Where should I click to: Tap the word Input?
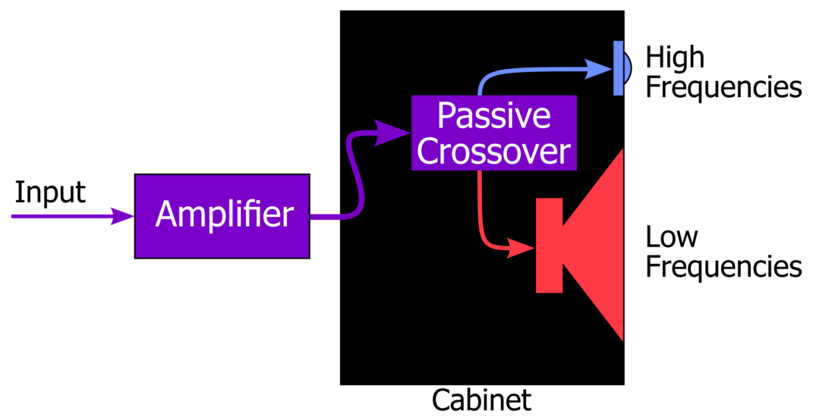[x=50, y=193]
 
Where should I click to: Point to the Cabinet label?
[x=481, y=400]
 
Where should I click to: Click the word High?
[x=675, y=58]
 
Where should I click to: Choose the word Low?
[x=671, y=237]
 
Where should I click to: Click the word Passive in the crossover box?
[x=494, y=116]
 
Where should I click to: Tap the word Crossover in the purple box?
[x=494, y=152]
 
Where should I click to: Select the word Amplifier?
[x=224, y=215]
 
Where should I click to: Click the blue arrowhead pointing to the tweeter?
[x=601, y=69]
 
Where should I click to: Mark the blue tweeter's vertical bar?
[x=619, y=68]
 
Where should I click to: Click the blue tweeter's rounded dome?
[x=627, y=68]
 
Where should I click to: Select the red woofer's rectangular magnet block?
[x=549, y=245]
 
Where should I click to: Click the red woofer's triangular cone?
[x=600, y=245]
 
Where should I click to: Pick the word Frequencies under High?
[x=723, y=87]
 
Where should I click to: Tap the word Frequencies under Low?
[x=723, y=267]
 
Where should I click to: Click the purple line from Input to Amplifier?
[x=61, y=216]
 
